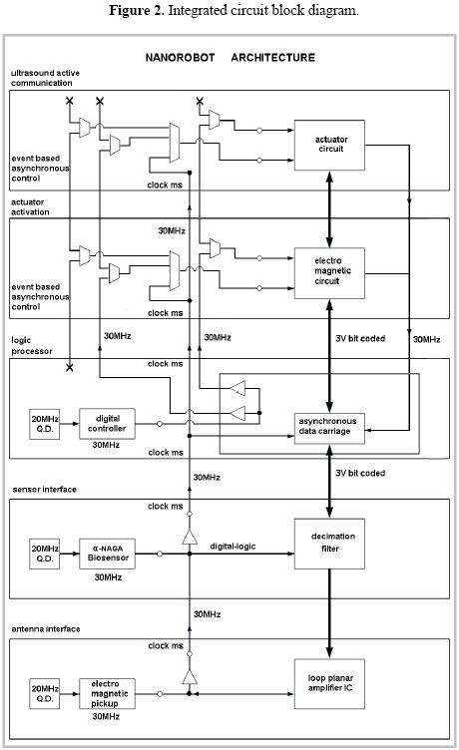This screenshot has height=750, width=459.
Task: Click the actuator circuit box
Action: (329, 145)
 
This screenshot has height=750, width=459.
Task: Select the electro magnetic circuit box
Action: (329, 273)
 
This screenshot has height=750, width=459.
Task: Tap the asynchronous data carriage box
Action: (329, 428)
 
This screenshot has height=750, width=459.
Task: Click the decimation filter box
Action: (329, 544)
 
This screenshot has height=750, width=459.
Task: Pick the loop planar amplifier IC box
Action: (329, 683)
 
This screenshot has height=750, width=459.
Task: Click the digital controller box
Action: (107, 424)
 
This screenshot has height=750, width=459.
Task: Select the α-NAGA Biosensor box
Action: (107, 554)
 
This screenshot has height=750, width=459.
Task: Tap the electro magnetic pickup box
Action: (107, 693)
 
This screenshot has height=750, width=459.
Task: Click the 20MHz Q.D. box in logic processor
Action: (45, 424)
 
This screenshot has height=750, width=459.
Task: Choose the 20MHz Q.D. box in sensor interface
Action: (45, 554)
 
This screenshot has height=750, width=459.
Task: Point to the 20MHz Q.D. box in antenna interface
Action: (45, 693)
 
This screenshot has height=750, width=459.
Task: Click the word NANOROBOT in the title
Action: (180, 58)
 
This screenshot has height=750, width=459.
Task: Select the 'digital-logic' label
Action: (232, 547)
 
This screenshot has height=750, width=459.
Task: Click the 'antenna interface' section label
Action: (46, 629)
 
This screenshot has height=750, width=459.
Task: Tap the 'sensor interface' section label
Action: (45, 490)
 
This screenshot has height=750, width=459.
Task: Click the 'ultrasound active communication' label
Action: (45, 78)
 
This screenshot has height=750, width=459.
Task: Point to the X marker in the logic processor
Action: (70, 367)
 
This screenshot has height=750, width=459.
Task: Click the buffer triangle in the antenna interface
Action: (190, 677)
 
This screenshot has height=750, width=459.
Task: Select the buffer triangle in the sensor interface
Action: (190, 537)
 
